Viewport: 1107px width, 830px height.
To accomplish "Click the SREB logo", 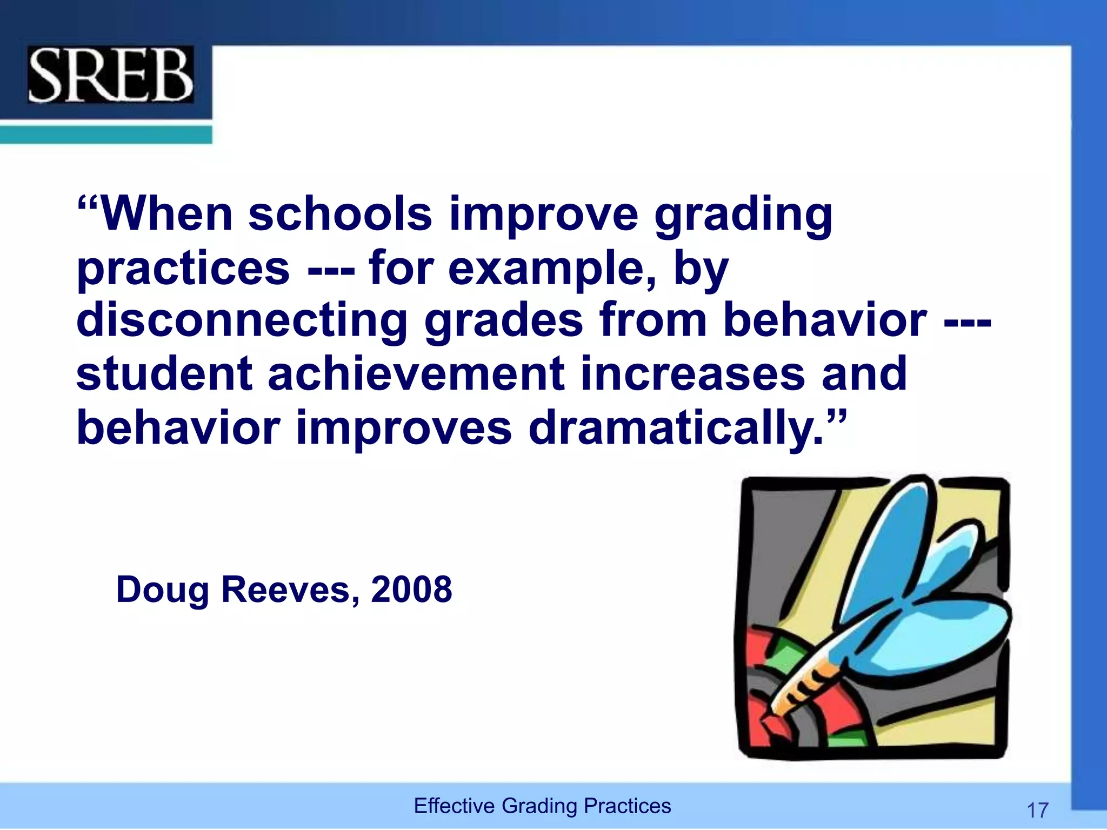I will tap(111, 75).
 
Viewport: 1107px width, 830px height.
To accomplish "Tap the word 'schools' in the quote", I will tap(340, 214).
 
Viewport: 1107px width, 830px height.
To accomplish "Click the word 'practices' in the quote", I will tap(183, 269).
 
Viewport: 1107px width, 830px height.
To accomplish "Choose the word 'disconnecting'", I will tap(242, 321).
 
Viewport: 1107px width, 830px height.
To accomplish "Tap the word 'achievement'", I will tap(416, 374).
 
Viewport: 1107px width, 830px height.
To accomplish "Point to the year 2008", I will tap(411, 590).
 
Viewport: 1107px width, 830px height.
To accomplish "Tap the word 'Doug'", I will tap(162, 591).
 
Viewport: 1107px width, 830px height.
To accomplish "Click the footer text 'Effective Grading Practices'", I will tap(542, 806).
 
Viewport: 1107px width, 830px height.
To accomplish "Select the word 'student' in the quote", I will tap(164, 374).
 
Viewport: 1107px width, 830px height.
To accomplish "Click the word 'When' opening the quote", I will tap(166, 214).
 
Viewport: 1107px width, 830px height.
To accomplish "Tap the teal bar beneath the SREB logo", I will tap(105, 134).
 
